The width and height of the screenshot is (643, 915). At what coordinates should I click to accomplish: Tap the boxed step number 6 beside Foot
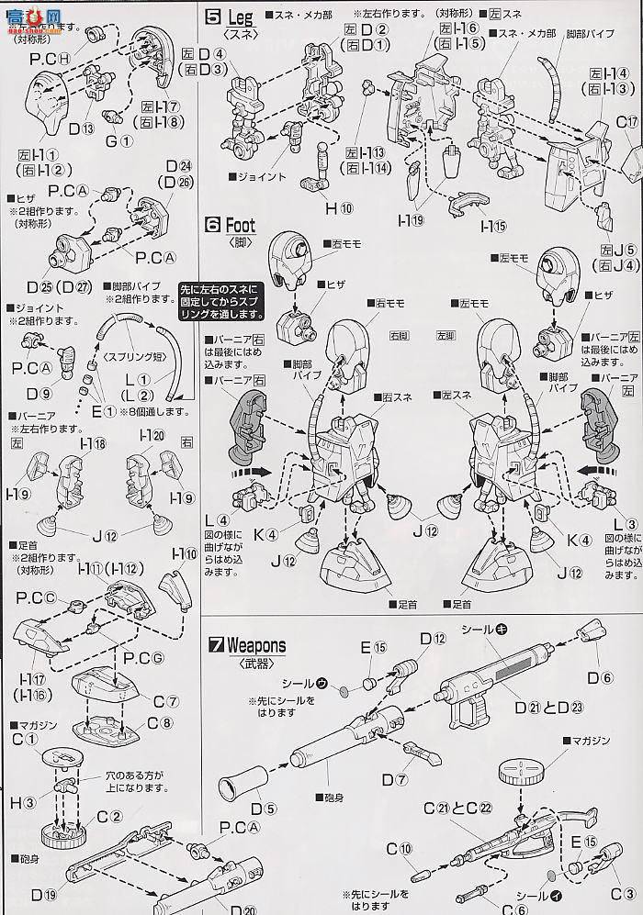pos(211,224)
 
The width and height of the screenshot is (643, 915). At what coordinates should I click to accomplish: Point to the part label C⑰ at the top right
pos(626,122)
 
